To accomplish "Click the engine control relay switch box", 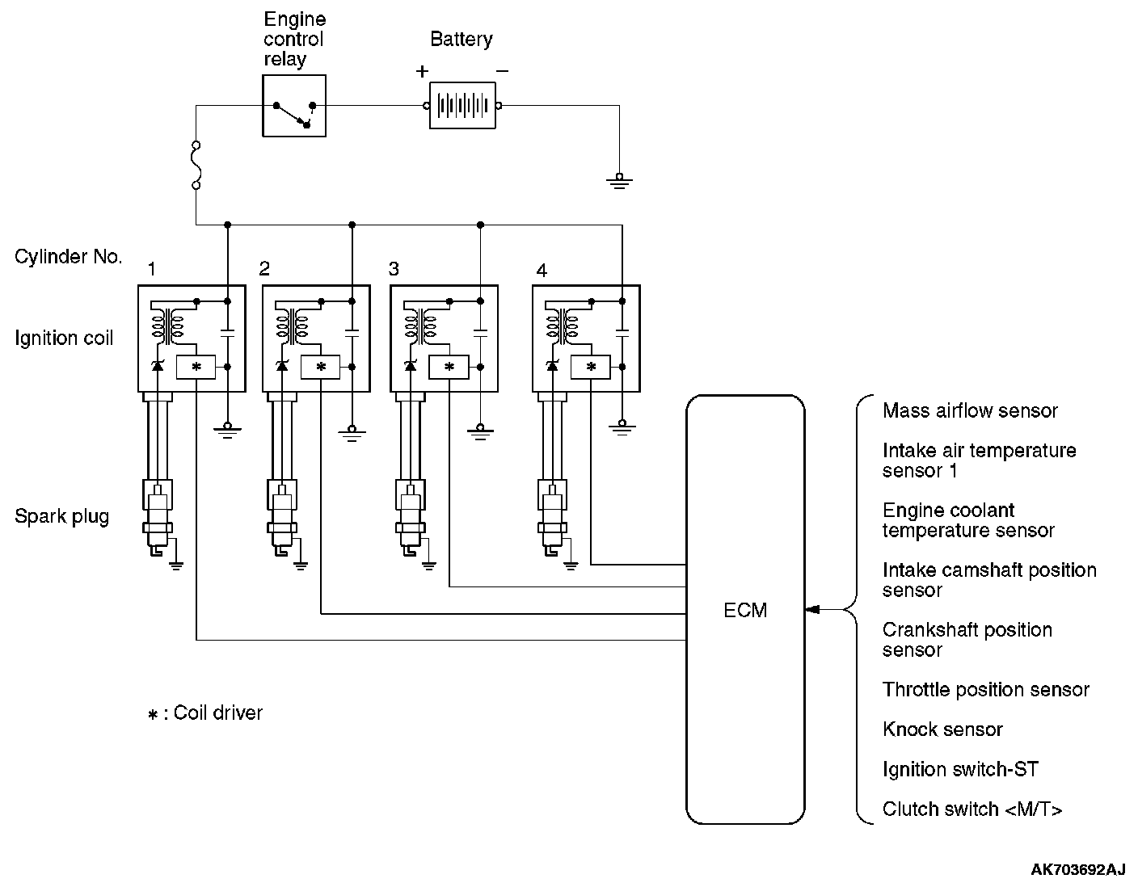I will [x=294, y=106].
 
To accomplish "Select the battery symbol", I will [x=462, y=106].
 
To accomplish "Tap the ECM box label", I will [x=745, y=611].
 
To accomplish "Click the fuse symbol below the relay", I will [x=196, y=166].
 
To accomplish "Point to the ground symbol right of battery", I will [x=619, y=180].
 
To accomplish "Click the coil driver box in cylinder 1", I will [x=196, y=367].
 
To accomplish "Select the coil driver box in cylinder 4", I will [x=591, y=367].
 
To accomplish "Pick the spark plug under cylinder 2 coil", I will [x=281, y=517].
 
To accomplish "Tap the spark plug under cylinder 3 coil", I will [x=409, y=517].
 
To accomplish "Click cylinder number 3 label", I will [x=394, y=269].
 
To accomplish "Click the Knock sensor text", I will [x=942, y=729].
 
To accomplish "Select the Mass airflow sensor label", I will [x=970, y=411].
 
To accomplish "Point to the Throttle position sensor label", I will [x=985, y=690].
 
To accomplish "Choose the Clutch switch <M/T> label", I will [x=972, y=809].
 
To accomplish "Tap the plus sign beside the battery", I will [x=422, y=71].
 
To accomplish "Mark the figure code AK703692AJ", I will [x=1077, y=869].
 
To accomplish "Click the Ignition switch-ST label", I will [x=960, y=770].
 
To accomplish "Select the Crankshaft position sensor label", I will [x=967, y=640].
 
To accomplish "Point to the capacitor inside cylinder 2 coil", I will [x=352, y=331].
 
